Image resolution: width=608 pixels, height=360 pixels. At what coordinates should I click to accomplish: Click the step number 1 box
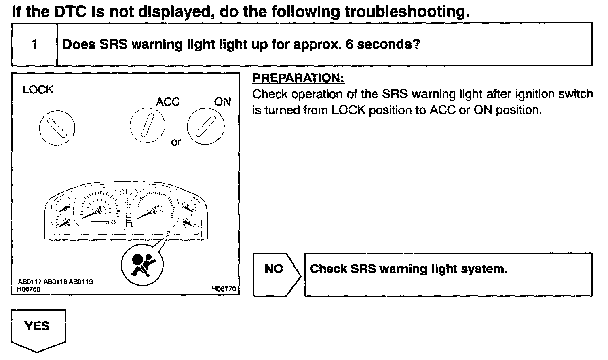pos(34,44)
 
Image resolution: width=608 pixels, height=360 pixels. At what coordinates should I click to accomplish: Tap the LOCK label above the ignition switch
pos(38,90)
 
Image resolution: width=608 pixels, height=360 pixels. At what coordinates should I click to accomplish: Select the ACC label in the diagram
pos(168,102)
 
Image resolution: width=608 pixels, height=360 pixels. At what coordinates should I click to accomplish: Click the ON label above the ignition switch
pos(222,102)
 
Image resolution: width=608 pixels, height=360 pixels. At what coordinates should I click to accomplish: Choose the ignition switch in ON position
pos(205,126)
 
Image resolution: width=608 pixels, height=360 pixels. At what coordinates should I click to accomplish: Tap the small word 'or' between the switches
pos(176,142)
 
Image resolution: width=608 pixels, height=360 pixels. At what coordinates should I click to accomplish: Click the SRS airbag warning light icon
pos(142,265)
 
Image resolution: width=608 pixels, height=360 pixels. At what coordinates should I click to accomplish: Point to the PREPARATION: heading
pos(298,78)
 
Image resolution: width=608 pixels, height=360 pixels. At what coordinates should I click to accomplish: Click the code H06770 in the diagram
pos(224,289)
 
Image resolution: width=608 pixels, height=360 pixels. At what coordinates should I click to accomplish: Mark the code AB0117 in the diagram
pos(30,282)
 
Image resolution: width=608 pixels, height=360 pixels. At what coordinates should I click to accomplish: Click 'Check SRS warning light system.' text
pos(408,269)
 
